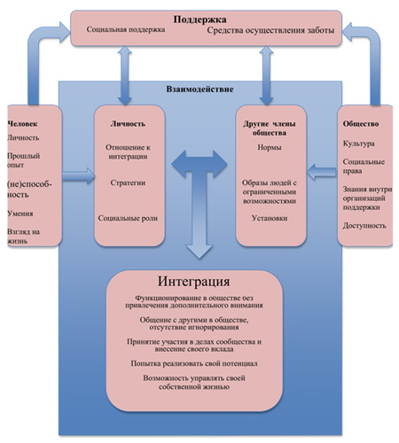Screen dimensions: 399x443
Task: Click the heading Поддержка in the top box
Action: pos(199,19)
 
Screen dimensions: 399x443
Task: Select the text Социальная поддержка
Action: pos(126,29)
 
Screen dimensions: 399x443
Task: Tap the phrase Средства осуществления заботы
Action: pos(270,30)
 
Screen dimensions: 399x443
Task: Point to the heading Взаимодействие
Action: pos(199,89)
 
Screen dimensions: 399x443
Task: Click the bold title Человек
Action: pos(22,124)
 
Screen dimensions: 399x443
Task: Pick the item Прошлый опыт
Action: pos(23,160)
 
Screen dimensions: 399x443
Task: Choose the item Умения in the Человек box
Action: pos(20,214)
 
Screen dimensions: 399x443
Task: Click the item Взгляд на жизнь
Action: pos(23,237)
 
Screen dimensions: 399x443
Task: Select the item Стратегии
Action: pos(128,183)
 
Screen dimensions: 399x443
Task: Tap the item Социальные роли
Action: pos(128,218)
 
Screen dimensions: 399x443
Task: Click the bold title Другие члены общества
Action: pos(270,128)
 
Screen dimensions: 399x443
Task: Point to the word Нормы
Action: pos(270,147)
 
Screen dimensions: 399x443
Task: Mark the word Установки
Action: pos(270,218)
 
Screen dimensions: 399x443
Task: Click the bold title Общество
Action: pos(361,124)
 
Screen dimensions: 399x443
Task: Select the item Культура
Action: pos(359,144)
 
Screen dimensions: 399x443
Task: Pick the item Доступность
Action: pos(364,226)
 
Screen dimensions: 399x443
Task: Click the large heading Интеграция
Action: pos(193,282)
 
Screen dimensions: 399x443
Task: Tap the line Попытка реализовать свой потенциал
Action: pos(194,364)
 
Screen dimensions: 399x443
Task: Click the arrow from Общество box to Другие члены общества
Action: pos(322,172)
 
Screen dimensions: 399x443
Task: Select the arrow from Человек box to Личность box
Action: pos(79,176)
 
